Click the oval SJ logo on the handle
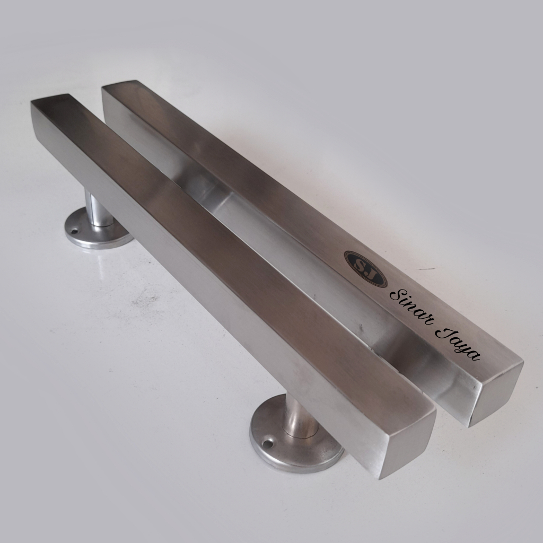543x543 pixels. click(365, 269)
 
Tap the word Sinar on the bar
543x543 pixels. click(411, 306)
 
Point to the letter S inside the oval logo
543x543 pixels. click(361, 265)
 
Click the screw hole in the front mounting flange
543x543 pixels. click(267, 443)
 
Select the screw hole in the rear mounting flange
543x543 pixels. click(74, 230)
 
